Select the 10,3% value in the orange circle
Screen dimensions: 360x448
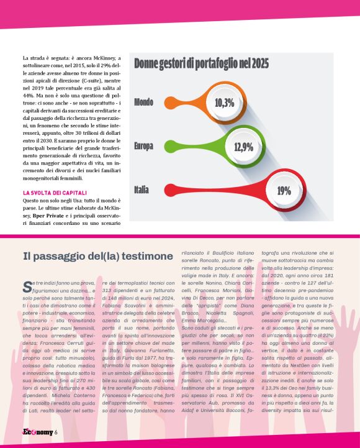224,103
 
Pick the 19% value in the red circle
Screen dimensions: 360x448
284,190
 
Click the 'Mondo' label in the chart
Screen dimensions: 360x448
144,102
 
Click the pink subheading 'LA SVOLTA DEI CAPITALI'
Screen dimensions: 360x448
55,193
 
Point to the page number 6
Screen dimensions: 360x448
55,432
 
